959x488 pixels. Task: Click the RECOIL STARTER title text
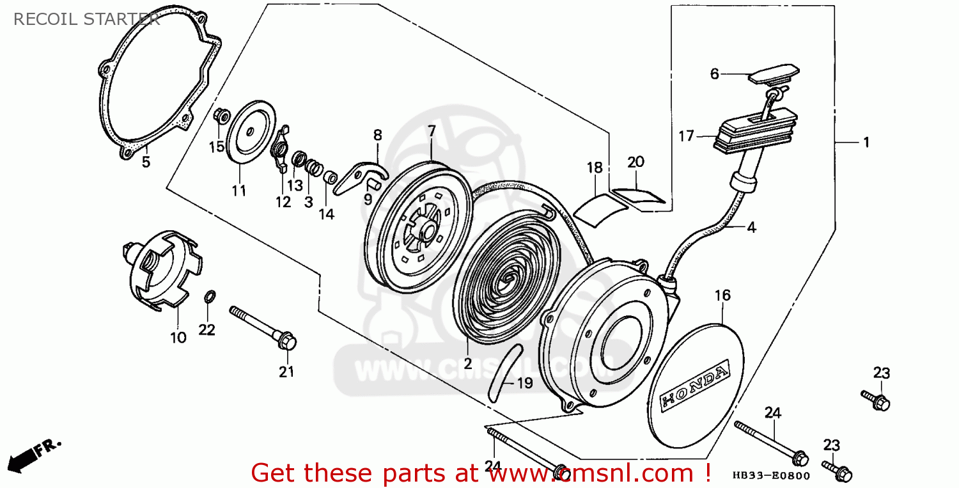pos(86,19)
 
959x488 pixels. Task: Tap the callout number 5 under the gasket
pos(146,162)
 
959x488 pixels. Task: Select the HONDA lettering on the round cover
pos(694,387)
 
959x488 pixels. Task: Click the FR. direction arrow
pos(35,455)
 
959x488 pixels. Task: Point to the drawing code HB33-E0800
pos(771,476)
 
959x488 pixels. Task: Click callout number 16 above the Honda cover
pos(722,295)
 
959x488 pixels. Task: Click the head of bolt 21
pos(288,343)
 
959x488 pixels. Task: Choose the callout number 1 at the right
pos(866,143)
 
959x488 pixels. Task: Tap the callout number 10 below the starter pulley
pos(178,337)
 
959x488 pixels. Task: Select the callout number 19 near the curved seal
pos(524,384)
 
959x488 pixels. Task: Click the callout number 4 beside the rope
pos(751,227)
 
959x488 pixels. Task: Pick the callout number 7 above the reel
pos(432,131)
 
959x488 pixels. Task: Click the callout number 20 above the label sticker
pos(635,162)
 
